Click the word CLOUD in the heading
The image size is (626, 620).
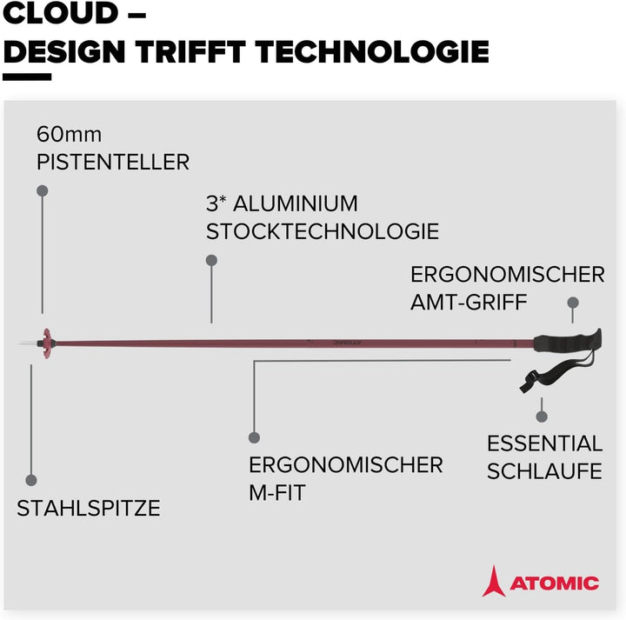pos(59,13)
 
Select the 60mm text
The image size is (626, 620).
pos(69,135)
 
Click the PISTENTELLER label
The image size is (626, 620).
pos(113,162)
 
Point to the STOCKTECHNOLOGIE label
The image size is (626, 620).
pos(323,232)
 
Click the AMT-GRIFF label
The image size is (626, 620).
pos(470,302)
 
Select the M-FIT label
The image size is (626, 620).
pos(277,492)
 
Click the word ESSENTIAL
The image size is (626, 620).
pos(544,443)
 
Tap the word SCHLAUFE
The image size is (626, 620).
pos(544,471)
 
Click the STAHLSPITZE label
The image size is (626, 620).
pos(89,509)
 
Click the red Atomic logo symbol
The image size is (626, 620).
pos(493,581)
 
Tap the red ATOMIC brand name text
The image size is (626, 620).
pos(554,583)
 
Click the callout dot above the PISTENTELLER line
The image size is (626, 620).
pos(42,190)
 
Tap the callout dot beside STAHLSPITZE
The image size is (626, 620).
pos(31,480)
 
